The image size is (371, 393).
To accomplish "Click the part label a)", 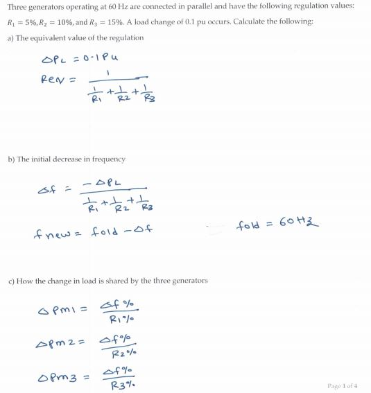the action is [10, 37].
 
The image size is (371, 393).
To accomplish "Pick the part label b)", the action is [10, 159].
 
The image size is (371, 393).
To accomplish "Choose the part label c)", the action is [10, 280].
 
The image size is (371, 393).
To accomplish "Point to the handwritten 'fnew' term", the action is [58, 232].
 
